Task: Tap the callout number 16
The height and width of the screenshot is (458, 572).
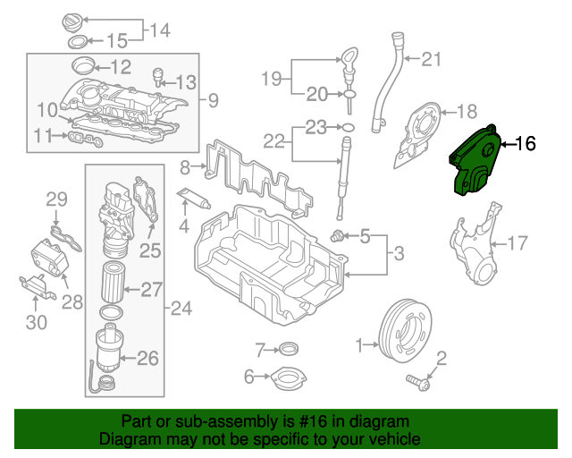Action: pos(526,143)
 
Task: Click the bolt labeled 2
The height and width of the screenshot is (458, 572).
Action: pos(416,382)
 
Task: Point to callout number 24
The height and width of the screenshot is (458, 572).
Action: pos(181,310)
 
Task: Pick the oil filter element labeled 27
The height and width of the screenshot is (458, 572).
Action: pos(113,282)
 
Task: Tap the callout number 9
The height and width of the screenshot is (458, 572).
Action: pos(214,98)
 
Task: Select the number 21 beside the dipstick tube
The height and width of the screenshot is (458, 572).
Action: pos(433,61)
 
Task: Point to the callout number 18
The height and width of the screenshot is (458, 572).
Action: pos(468,112)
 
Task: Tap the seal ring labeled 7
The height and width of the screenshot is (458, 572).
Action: pos(289,348)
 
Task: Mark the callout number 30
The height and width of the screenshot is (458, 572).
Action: pos(36,322)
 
